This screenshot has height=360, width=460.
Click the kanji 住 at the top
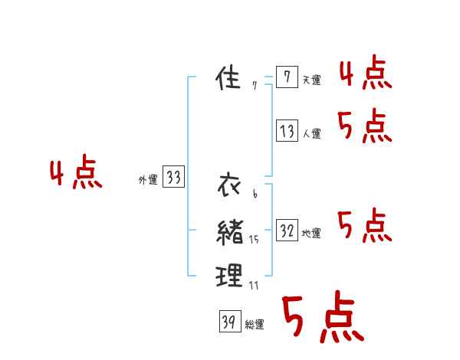coord(230,78)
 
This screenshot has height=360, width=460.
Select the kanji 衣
coord(230,185)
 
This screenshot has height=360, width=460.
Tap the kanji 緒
coord(230,231)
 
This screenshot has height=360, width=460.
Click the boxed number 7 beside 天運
coord(286,77)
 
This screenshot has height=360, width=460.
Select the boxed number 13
coord(287,131)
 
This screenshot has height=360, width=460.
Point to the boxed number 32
coord(287,231)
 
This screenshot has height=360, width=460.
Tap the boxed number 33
coord(173,178)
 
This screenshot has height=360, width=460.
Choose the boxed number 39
coord(228,322)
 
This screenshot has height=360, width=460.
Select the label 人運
coord(311,134)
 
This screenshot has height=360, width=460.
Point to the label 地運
coord(311,234)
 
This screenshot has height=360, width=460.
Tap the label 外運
coord(148,181)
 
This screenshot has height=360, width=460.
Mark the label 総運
coord(255,325)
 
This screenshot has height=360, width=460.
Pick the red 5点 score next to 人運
coord(365,126)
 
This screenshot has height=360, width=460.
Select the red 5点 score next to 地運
coord(365,227)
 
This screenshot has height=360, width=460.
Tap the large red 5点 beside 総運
coord(322,318)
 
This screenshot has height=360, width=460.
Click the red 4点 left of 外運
coord(76,175)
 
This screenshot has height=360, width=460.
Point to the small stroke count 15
coord(254,240)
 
